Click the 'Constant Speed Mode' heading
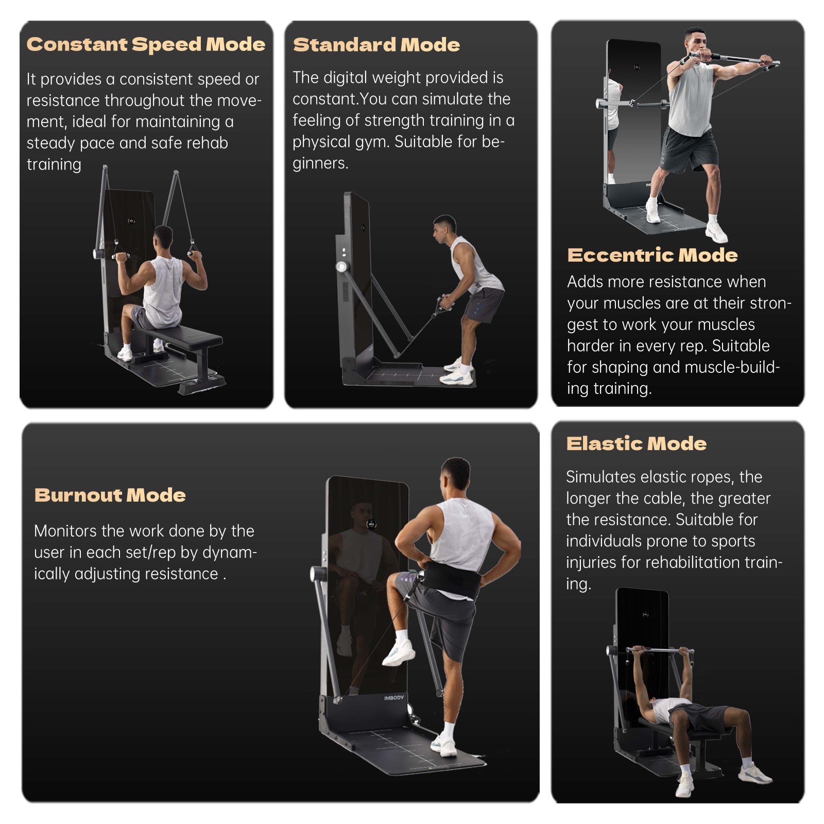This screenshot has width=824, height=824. [x=146, y=44]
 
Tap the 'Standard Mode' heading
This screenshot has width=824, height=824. [x=376, y=45]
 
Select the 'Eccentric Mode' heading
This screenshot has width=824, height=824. [x=652, y=255]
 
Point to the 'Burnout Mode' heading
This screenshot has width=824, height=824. [x=110, y=495]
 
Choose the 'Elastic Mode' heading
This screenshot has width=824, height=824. [x=636, y=443]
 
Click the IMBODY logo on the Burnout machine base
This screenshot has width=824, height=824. [x=394, y=698]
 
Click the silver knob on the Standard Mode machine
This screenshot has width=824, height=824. [x=341, y=267]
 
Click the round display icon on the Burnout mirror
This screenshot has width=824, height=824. [x=371, y=524]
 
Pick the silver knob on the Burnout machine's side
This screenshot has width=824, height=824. [x=316, y=573]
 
